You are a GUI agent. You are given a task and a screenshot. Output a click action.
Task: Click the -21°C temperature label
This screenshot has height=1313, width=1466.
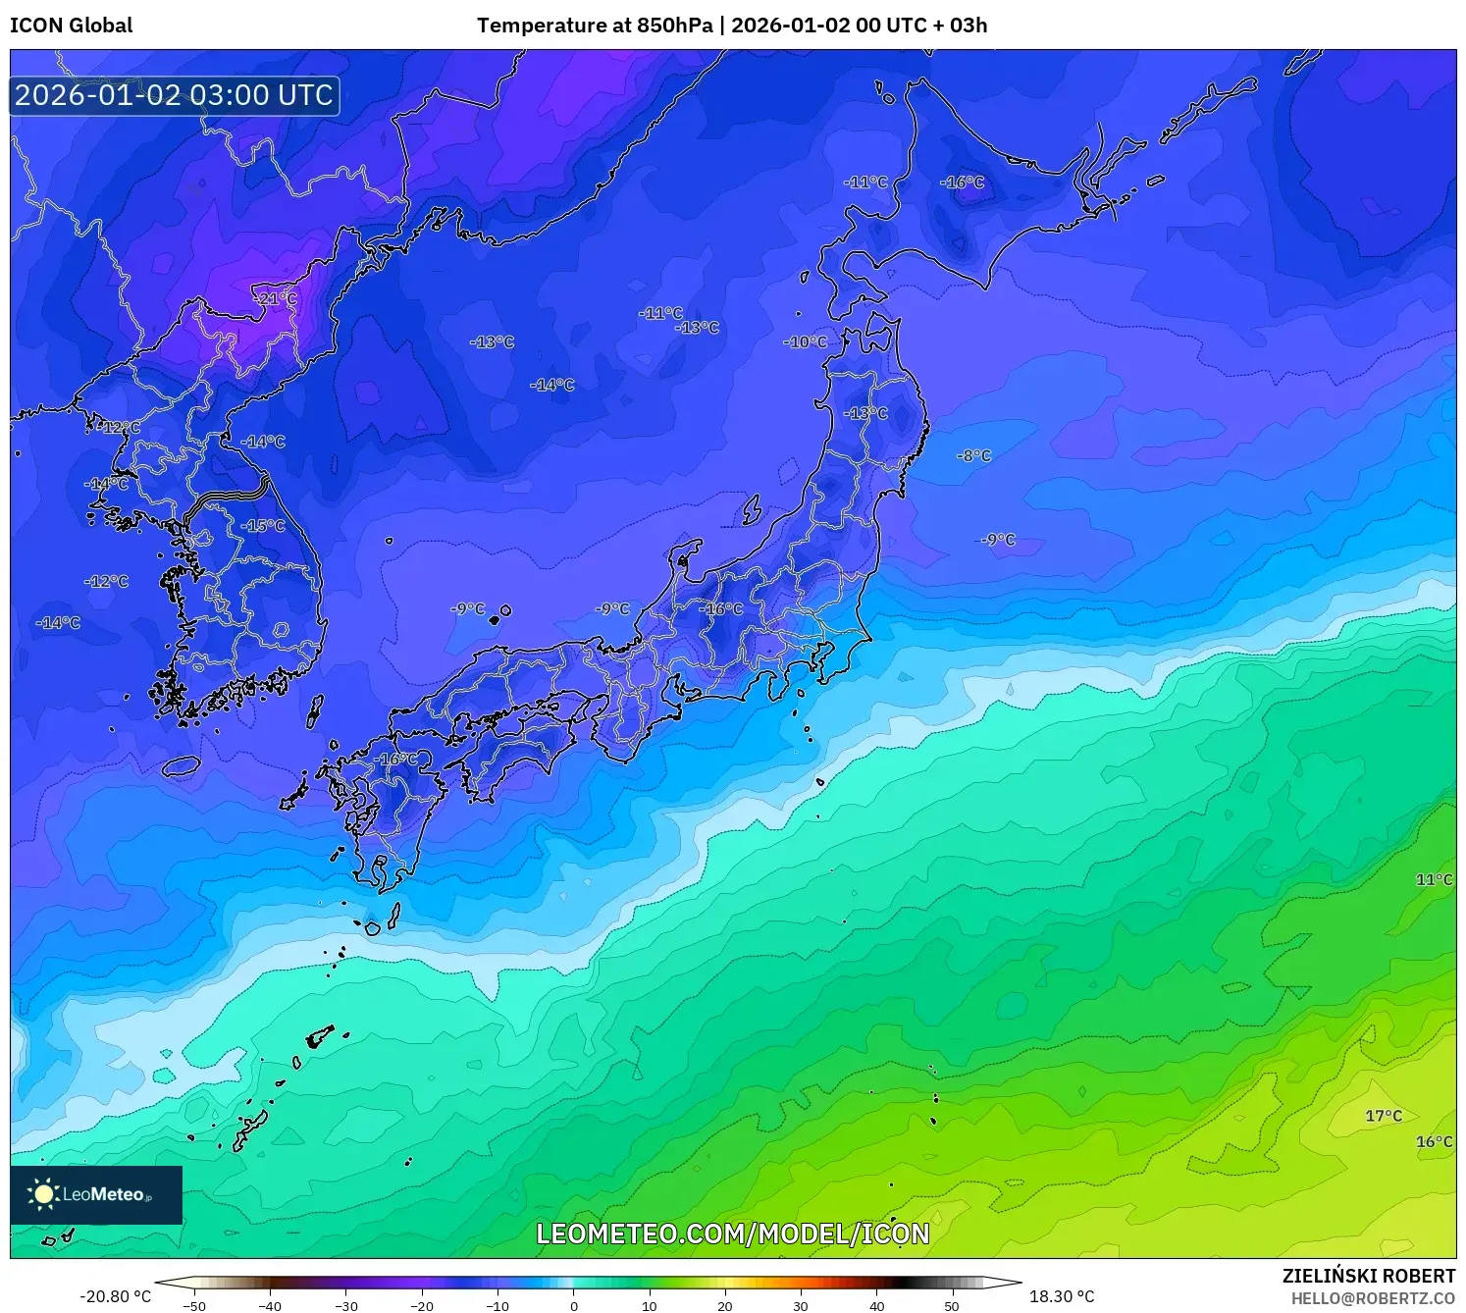pos(275,298)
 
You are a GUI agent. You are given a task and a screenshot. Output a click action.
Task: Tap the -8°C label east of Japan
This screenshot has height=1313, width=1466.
pos(974,455)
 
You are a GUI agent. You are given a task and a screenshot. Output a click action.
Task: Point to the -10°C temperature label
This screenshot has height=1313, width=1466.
pos(806,341)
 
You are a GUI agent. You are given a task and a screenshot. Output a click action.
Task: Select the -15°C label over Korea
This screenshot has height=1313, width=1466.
pos(263,525)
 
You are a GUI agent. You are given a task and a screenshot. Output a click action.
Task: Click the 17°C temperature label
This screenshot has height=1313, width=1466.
pos(1384,1116)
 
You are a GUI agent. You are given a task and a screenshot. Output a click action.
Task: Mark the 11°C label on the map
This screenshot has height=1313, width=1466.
pos(1434,879)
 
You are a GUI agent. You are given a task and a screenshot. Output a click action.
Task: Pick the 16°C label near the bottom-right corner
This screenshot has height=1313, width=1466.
pos(1434,1141)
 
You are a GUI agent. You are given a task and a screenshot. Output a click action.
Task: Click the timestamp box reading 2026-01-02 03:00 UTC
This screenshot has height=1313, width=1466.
pos(175,95)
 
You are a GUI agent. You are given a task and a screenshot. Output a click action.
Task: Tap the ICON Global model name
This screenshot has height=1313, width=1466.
pos(71,26)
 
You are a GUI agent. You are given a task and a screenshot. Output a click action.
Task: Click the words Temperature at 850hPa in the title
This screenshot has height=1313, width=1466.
pos(595,26)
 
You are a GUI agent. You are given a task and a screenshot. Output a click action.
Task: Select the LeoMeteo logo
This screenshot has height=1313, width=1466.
pos(96,1194)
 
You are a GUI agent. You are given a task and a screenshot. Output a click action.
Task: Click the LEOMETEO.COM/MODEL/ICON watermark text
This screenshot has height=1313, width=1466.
pos(732,1234)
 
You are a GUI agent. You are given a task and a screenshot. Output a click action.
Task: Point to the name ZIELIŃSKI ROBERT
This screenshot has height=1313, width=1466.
pos(1369,1276)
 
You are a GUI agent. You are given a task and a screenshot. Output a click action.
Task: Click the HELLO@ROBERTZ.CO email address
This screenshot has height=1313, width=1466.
pos(1373,1298)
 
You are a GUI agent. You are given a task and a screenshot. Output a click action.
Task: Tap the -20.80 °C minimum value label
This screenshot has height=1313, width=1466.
pos(115,1296)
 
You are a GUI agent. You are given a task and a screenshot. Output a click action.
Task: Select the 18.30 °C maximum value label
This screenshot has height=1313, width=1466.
pos(1062,1296)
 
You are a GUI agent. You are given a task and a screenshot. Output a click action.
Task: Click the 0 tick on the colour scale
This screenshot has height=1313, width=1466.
pos(574,1305)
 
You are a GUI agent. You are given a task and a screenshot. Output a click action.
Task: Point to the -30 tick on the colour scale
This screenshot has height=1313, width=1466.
pos(345,1305)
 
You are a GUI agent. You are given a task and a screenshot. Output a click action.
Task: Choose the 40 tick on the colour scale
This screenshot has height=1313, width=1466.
pos(877,1305)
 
